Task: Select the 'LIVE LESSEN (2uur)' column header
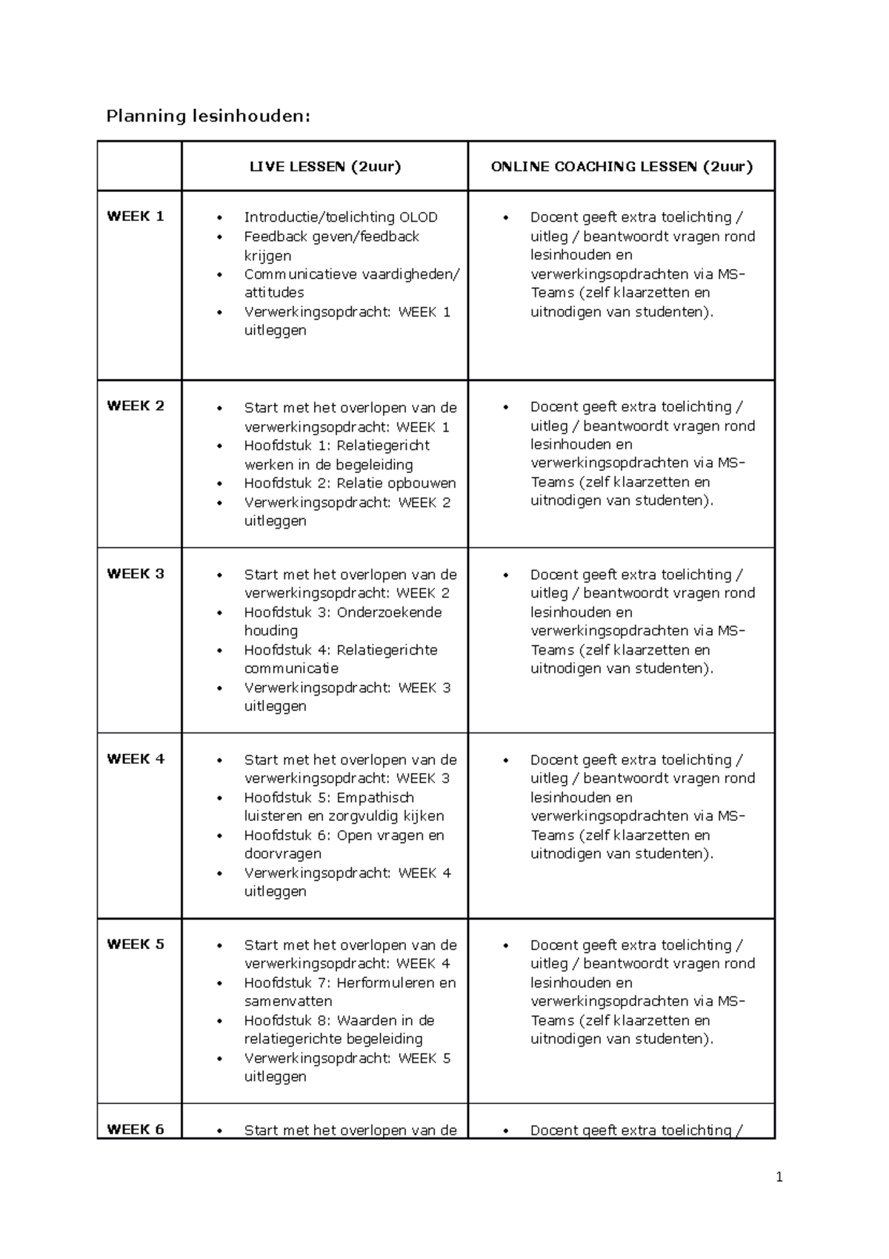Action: [325, 166]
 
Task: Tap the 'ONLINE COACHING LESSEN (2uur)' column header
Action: [622, 166]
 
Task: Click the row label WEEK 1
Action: [136, 217]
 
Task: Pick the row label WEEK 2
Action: [136, 406]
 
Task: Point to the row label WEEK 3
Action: [136, 573]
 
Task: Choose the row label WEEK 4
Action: [136, 759]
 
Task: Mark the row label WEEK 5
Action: [136, 944]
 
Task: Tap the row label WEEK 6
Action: [136, 1129]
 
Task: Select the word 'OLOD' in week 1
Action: [419, 217]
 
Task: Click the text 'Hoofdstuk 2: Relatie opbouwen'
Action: [350, 483]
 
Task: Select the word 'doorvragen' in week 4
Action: [283, 854]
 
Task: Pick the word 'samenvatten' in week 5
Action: [288, 1001]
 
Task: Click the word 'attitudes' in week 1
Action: [274, 293]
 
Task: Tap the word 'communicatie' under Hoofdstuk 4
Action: [291, 668]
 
